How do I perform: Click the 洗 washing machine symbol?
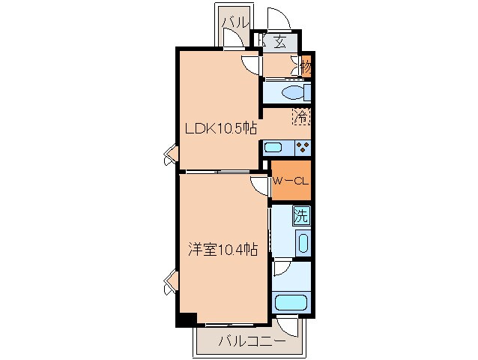pos(300,216)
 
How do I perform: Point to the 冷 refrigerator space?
pos(301,116)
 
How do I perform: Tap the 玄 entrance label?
pos(279,42)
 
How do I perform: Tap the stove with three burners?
pos(302,147)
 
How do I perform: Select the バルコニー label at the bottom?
pos(251,342)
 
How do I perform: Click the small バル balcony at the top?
pos(234,22)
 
